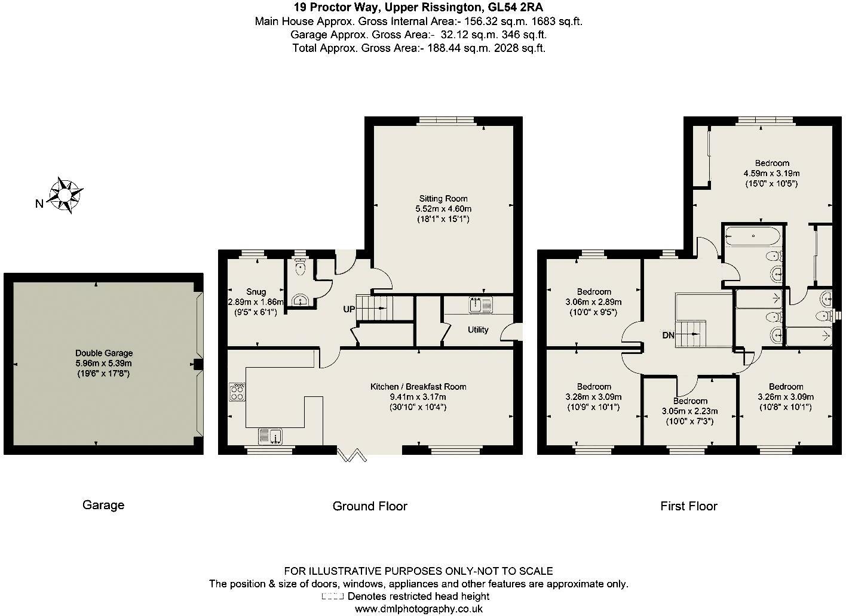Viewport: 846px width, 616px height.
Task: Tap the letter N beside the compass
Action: (x=39, y=204)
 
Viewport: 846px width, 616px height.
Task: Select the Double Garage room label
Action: (x=104, y=353)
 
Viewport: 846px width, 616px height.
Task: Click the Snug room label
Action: (x=256, y=292)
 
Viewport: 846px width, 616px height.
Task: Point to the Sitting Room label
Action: (x=443, y=198)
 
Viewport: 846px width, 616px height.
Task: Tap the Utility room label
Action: (x=478, y=329)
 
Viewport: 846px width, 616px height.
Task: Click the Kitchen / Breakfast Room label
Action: (x=418, y=387)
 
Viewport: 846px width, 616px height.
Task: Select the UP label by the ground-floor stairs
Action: (x=349, y=309)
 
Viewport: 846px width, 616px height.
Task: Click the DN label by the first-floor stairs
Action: (x=668, y=335)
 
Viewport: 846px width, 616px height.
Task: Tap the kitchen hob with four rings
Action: (x=237, y=392)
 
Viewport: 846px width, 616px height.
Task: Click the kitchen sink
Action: (x=270, y=436)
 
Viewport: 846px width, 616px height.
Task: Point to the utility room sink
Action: (x=481, y=305)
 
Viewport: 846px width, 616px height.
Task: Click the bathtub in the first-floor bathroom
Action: (x=753, y=236)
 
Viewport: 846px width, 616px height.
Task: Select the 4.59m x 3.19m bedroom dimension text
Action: (x=771, y=174)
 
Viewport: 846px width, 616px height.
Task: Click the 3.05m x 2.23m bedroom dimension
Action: (x=689, y=411)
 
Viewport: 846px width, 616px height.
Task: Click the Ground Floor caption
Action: (x=370, y=506)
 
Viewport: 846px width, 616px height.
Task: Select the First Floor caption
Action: (x=688, y=506)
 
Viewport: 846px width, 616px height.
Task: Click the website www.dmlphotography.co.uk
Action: (x=419, y=608)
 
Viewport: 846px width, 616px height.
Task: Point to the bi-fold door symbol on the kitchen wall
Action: (x=352, y=455)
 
